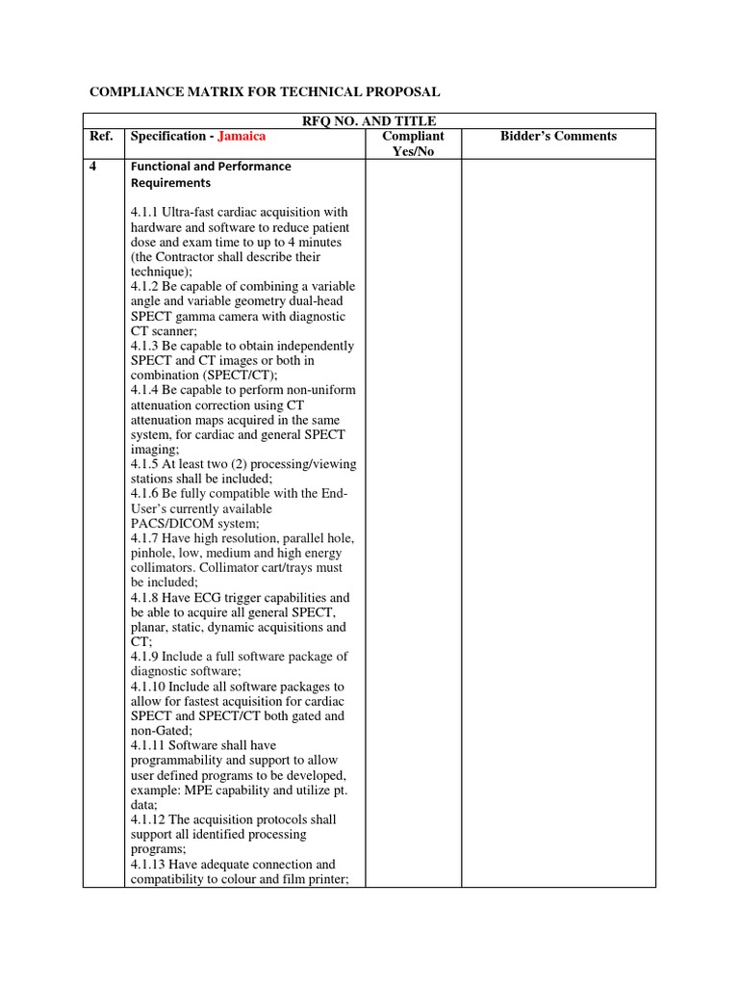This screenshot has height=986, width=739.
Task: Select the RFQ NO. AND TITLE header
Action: click(369, 120)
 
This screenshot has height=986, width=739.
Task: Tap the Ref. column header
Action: click(101, 136)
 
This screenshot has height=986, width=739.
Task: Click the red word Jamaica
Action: click(242, 136)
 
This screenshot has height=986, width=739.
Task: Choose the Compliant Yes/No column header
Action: click(413, 143)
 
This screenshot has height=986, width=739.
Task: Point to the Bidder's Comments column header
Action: click(558, 136)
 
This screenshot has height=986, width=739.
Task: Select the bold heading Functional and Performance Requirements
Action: click(211, 174)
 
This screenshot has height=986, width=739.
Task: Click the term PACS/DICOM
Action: click(174, 524)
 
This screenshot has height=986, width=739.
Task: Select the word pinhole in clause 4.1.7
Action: click(153, 554)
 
